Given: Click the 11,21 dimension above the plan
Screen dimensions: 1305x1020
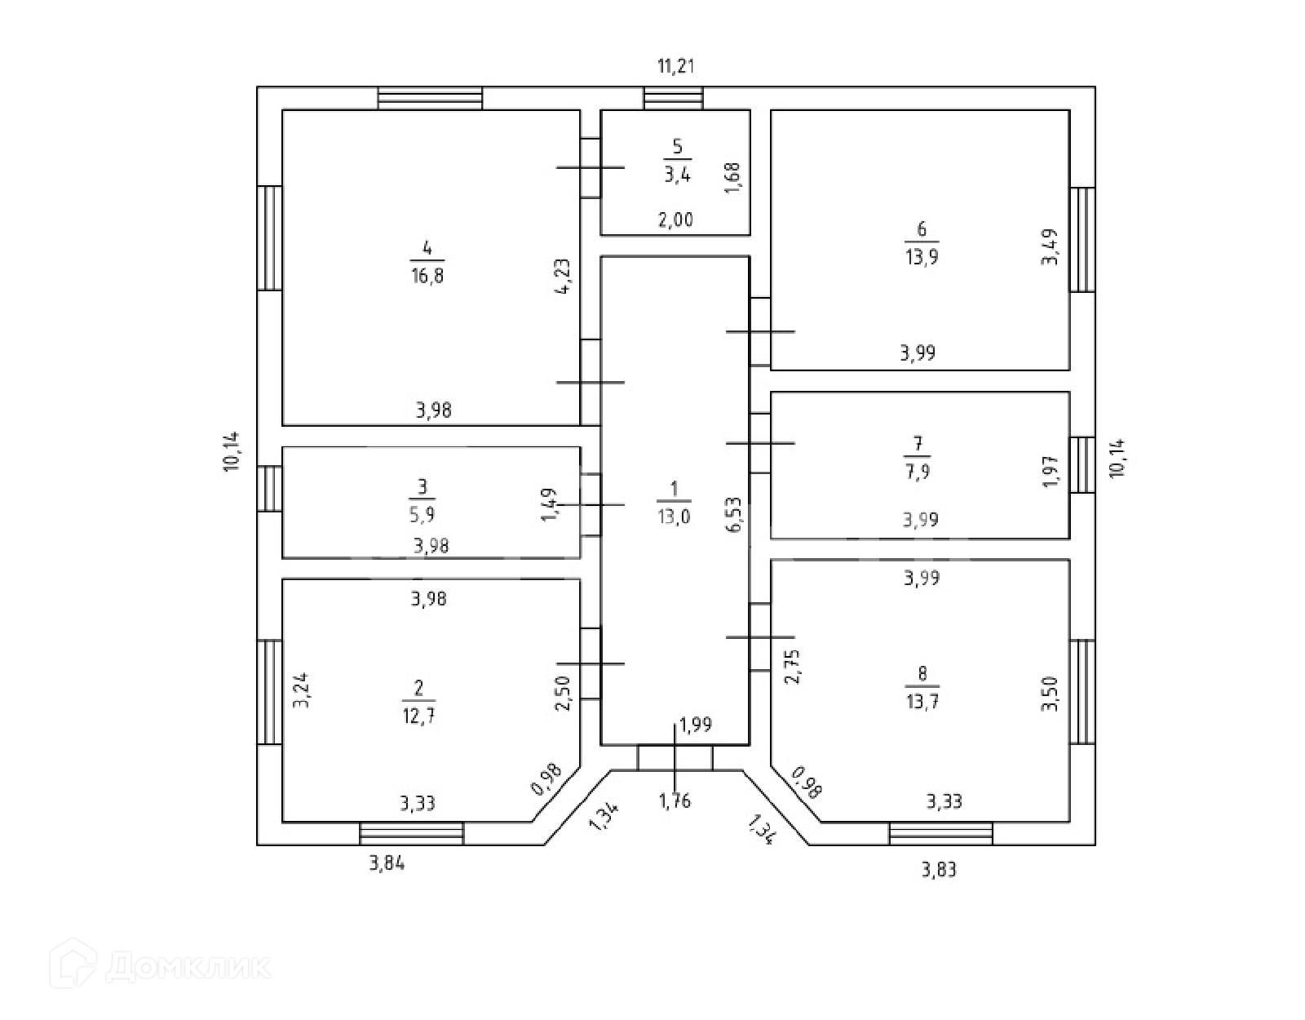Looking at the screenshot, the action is click(675, 65).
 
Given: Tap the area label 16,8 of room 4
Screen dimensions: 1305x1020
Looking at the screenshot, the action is click(427, 276).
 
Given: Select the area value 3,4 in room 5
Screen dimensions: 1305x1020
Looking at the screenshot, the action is click(677, 175).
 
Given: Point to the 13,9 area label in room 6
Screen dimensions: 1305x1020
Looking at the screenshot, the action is click(922, 256).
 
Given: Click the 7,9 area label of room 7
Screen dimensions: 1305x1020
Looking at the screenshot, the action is click(918, 472).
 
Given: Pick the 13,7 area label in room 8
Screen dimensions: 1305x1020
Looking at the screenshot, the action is click(922, 701).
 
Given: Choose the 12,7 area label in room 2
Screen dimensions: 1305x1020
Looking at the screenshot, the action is click(418, 716).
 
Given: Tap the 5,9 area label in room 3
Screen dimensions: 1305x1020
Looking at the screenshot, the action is click(422, 514).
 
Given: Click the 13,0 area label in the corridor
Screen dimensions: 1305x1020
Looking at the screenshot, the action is click(674, 517).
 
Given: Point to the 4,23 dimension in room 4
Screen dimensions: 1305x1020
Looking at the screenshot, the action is click(564, 276).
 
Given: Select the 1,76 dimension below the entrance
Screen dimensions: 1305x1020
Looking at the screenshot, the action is click(675, 800).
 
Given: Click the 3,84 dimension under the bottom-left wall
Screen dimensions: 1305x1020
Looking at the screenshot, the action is click(387, 863).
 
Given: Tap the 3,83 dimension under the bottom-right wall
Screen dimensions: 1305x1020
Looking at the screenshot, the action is click(940, 869).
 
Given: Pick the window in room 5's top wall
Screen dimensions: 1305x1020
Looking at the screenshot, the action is click(673, 98).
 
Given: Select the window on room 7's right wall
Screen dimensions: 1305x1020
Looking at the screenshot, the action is click(1082, 465).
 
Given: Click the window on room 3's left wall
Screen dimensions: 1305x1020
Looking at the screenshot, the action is click(270, 488).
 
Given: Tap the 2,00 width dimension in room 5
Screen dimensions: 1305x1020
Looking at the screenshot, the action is click(675, 220).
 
